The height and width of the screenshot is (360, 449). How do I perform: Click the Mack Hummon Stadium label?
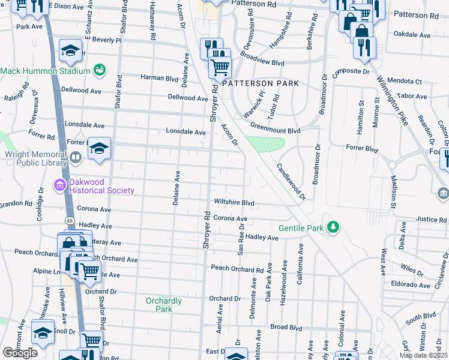tap(45, 71)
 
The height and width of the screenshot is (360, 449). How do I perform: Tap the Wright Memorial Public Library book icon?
tap(75, 158)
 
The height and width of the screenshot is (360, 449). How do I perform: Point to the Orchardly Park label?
tap(159, 304)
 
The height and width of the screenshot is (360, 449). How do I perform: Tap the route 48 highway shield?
tap(70, 222)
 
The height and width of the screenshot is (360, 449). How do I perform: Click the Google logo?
tap(20, 353)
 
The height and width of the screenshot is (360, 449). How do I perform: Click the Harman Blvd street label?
tap(160, 78)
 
